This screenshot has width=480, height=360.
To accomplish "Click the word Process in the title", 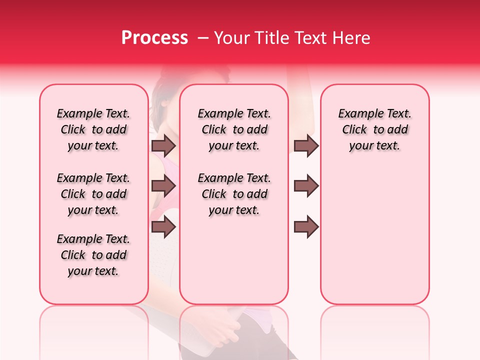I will (154, 38).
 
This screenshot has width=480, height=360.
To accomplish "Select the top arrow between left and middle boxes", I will (163, 145).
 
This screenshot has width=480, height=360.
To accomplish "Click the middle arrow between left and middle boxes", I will (163, 186).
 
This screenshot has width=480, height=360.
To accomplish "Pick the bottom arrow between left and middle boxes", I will (163, 227).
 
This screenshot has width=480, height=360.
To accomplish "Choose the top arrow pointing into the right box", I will (306, 145).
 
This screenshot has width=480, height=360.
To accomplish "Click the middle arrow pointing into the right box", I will (306, 186).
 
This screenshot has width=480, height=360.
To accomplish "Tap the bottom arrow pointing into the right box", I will (306, 227).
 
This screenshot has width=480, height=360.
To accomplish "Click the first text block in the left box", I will (93, 129).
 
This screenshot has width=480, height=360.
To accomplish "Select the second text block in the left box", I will (93, 194).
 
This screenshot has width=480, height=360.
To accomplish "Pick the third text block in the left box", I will (93, 255).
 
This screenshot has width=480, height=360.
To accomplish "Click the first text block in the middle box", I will (234, 129).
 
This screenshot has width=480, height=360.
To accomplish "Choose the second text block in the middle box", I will (234, 194).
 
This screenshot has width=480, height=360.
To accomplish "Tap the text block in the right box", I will (374, 129).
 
